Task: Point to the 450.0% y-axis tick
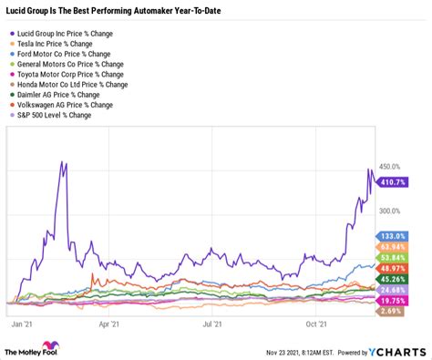391,167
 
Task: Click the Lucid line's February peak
62,162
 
